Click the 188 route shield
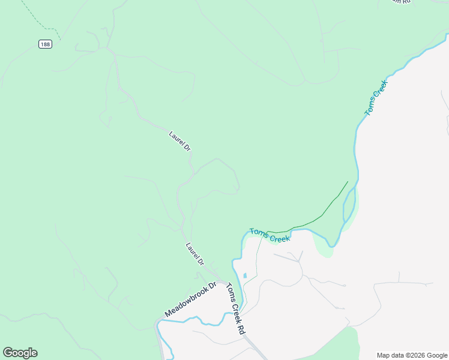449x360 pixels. (x=45, y=44)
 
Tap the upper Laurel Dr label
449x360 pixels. (x=179, y=141)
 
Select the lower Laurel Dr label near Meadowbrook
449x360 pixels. (x=195, y=254)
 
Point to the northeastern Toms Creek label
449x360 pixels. (x=376, y=98)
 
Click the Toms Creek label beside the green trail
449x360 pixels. (x=270, y=235)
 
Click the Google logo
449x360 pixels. (x=20, y=353)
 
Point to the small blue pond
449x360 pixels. (x=245, y=276)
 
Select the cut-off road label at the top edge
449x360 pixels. (x=401, y=2)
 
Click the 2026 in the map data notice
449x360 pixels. (x=416, y=355)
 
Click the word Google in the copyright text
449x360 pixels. (x=436, y=355)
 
